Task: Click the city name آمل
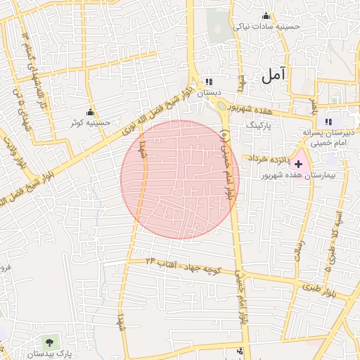(274, 75)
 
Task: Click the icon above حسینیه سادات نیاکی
(266, 16)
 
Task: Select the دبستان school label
(210, 92)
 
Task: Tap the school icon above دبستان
(209, 82)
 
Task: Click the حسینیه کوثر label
(90, 122)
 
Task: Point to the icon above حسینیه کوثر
(90, 112)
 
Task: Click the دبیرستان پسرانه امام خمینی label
(324, 137)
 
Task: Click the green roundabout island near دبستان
(222, 106)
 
